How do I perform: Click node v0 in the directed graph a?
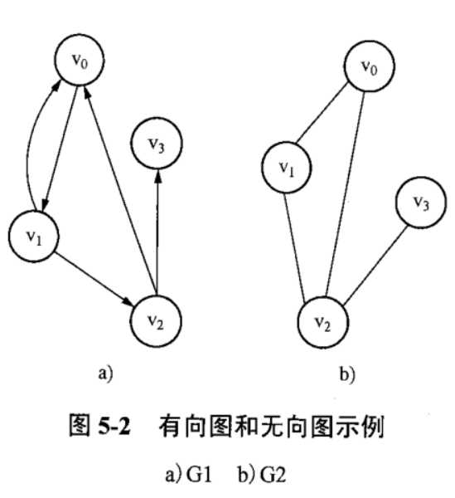click(x=78, y=59)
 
